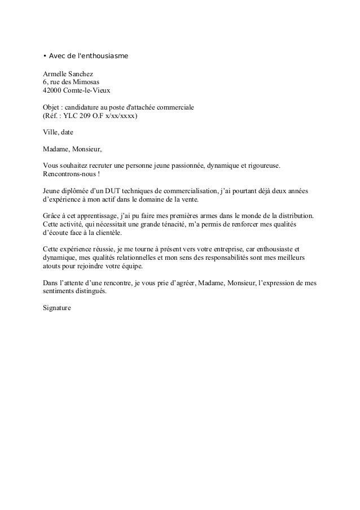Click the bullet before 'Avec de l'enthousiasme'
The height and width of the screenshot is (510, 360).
coord(45,56)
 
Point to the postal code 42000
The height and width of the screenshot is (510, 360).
coord(53,90)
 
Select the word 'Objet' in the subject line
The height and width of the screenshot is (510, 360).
coord(52,107)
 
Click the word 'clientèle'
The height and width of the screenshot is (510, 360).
coord(105,234)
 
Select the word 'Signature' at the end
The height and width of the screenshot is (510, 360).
coord(58,310)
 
